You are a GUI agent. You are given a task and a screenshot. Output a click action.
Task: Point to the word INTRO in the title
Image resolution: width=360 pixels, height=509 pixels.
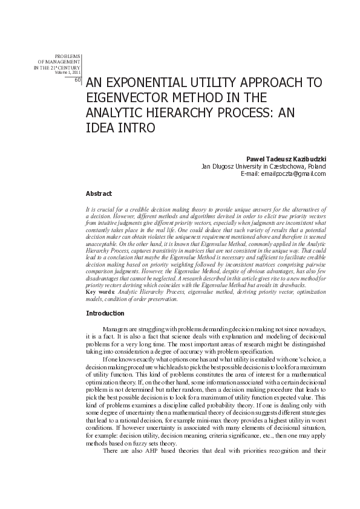[137, 128]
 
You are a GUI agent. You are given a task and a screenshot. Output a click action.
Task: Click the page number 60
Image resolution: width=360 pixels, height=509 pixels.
[77, 80]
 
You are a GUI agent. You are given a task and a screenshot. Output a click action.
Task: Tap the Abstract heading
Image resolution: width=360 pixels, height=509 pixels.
[99, 193]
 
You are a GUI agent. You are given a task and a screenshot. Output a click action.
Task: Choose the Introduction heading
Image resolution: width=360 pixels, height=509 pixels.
[105, 313]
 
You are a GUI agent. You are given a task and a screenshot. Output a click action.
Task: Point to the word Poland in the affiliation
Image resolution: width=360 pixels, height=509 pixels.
[316, 166]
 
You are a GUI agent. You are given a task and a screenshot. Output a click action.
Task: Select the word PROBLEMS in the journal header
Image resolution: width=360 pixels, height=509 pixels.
[68, 56]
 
